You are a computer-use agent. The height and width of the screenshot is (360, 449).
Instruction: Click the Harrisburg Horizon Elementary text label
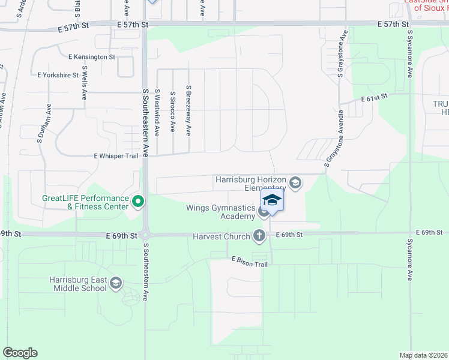[252, 184]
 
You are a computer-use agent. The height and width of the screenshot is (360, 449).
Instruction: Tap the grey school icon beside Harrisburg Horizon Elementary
[295, 182]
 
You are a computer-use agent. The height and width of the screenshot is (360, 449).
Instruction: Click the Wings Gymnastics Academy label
[221, 212]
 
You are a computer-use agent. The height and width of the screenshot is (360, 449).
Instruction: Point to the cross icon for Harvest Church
[259, 236]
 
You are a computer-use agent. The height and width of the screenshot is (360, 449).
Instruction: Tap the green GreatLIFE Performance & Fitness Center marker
[138, 202]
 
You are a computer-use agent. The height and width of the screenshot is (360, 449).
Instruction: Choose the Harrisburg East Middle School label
[78, 284]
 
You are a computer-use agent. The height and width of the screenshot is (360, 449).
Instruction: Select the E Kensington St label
[92, 56]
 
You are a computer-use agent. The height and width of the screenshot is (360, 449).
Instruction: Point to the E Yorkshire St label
[58, 76]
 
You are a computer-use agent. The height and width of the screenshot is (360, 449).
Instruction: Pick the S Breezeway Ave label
[188, 109]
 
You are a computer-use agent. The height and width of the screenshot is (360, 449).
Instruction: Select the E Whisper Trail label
[116, 155]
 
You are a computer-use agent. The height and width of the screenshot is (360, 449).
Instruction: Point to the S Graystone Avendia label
[334, 137]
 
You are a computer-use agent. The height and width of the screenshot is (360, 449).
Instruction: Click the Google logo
[20, 353]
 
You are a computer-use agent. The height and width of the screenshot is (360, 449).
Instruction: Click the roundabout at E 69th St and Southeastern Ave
[146, 235]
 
